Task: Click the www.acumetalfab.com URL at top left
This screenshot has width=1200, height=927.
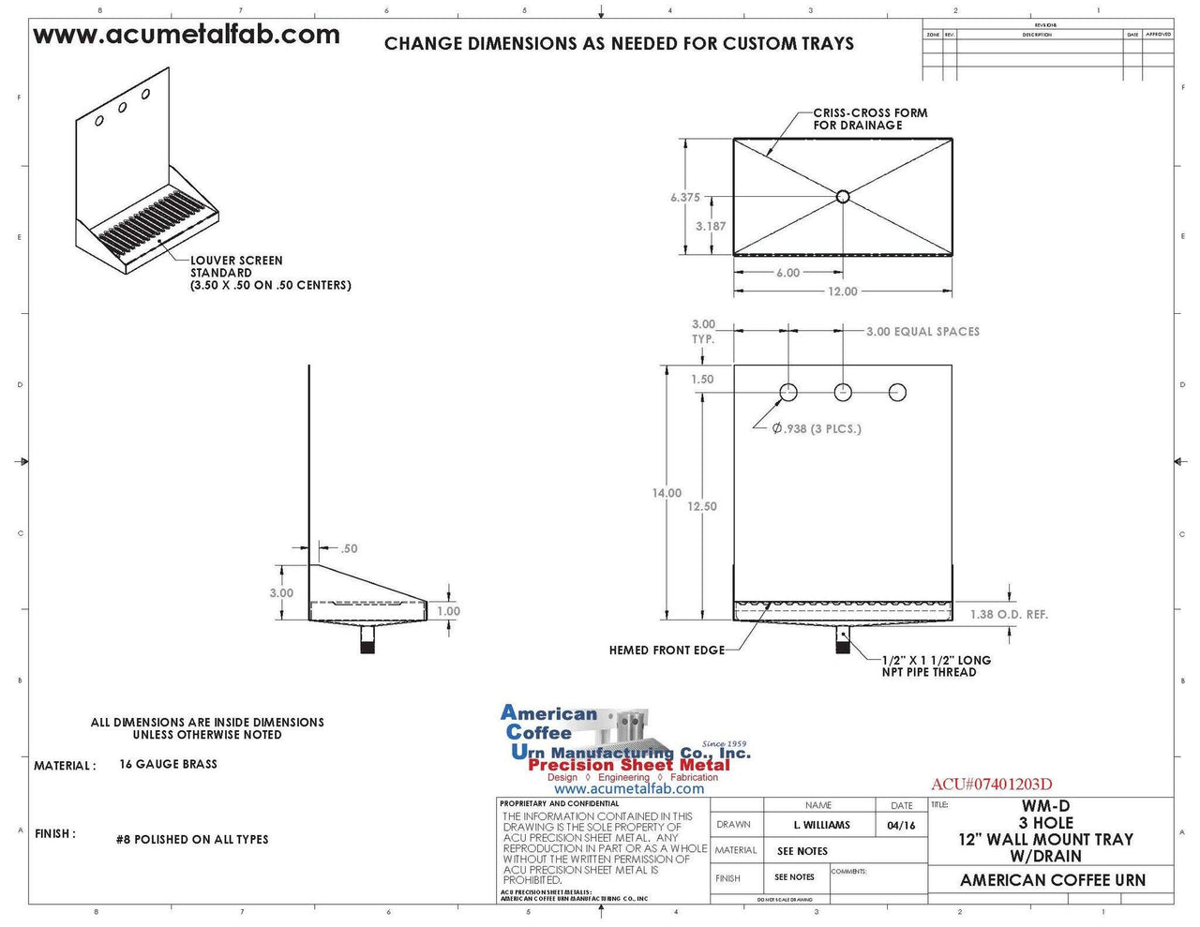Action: coord(187,35)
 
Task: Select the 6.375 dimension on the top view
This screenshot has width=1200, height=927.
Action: coord(684,198)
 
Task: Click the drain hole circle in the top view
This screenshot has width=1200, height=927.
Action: coord(843,196)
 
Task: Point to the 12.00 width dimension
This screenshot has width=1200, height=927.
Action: coord(842,292)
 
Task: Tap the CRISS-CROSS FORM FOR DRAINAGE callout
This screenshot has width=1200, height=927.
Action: coord(869,119)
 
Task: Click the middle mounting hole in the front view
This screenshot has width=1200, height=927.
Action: coord(844,392)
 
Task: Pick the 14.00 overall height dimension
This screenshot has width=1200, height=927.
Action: coord(667,493)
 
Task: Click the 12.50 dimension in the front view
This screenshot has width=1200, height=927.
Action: coord(701,506)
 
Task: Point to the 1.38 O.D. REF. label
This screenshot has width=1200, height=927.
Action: coord(1009,615)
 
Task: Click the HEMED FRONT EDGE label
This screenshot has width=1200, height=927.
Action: coord(667,650)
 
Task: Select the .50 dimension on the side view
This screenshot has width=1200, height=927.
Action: coord(349,548)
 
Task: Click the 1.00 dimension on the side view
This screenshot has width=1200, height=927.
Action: coord(449,611)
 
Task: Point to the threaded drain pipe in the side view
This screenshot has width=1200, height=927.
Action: coord(367,643)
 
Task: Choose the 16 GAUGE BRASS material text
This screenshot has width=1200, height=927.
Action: coord(169,765)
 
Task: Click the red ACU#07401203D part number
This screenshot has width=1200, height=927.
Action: coord(991,785)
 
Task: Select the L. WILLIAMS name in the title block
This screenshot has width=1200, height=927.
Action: coord(821,826)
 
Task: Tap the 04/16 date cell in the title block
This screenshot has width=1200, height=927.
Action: coord(900,826)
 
